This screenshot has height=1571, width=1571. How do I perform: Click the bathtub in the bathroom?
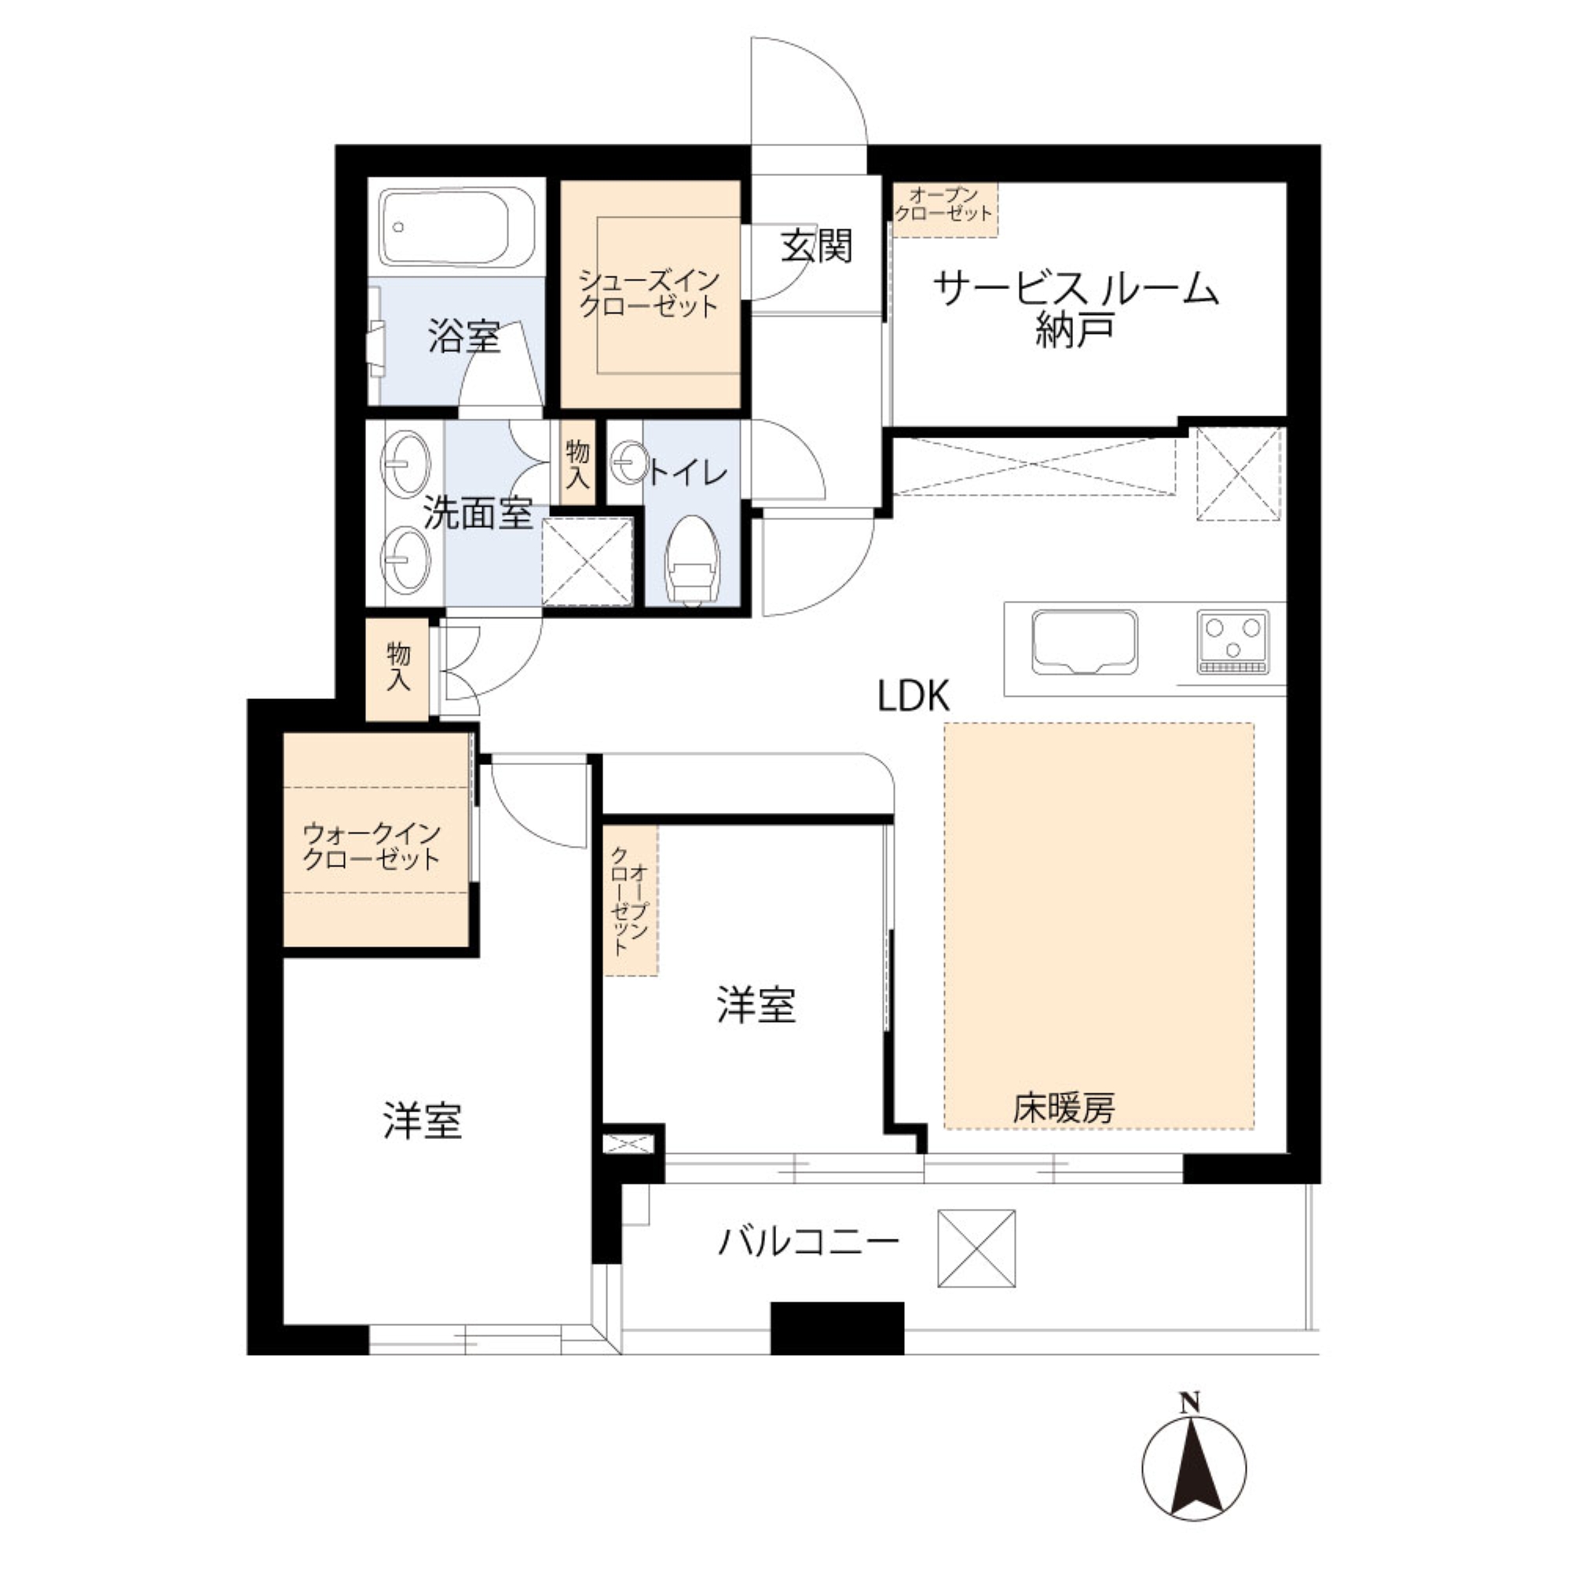point(457,228)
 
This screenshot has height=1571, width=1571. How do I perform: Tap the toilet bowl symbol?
point(693,560)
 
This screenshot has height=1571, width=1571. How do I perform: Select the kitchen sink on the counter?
point(1084,643)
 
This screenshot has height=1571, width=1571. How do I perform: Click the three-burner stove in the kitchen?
point(1232,642)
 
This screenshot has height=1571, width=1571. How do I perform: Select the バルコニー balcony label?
point(808,1243)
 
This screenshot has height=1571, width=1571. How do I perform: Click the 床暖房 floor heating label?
point(1064,1108)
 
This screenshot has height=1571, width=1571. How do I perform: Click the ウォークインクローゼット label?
point(372,847)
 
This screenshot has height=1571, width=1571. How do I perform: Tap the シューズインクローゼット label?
point(649,294)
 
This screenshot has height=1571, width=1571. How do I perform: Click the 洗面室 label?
point(478,513)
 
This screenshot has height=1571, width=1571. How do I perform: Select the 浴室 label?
point(464,337)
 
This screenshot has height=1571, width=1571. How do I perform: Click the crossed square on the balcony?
point(976,1248)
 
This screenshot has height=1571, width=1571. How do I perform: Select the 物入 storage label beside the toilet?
point(577,463)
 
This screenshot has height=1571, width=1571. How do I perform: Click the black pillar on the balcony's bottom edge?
point(837,1329)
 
